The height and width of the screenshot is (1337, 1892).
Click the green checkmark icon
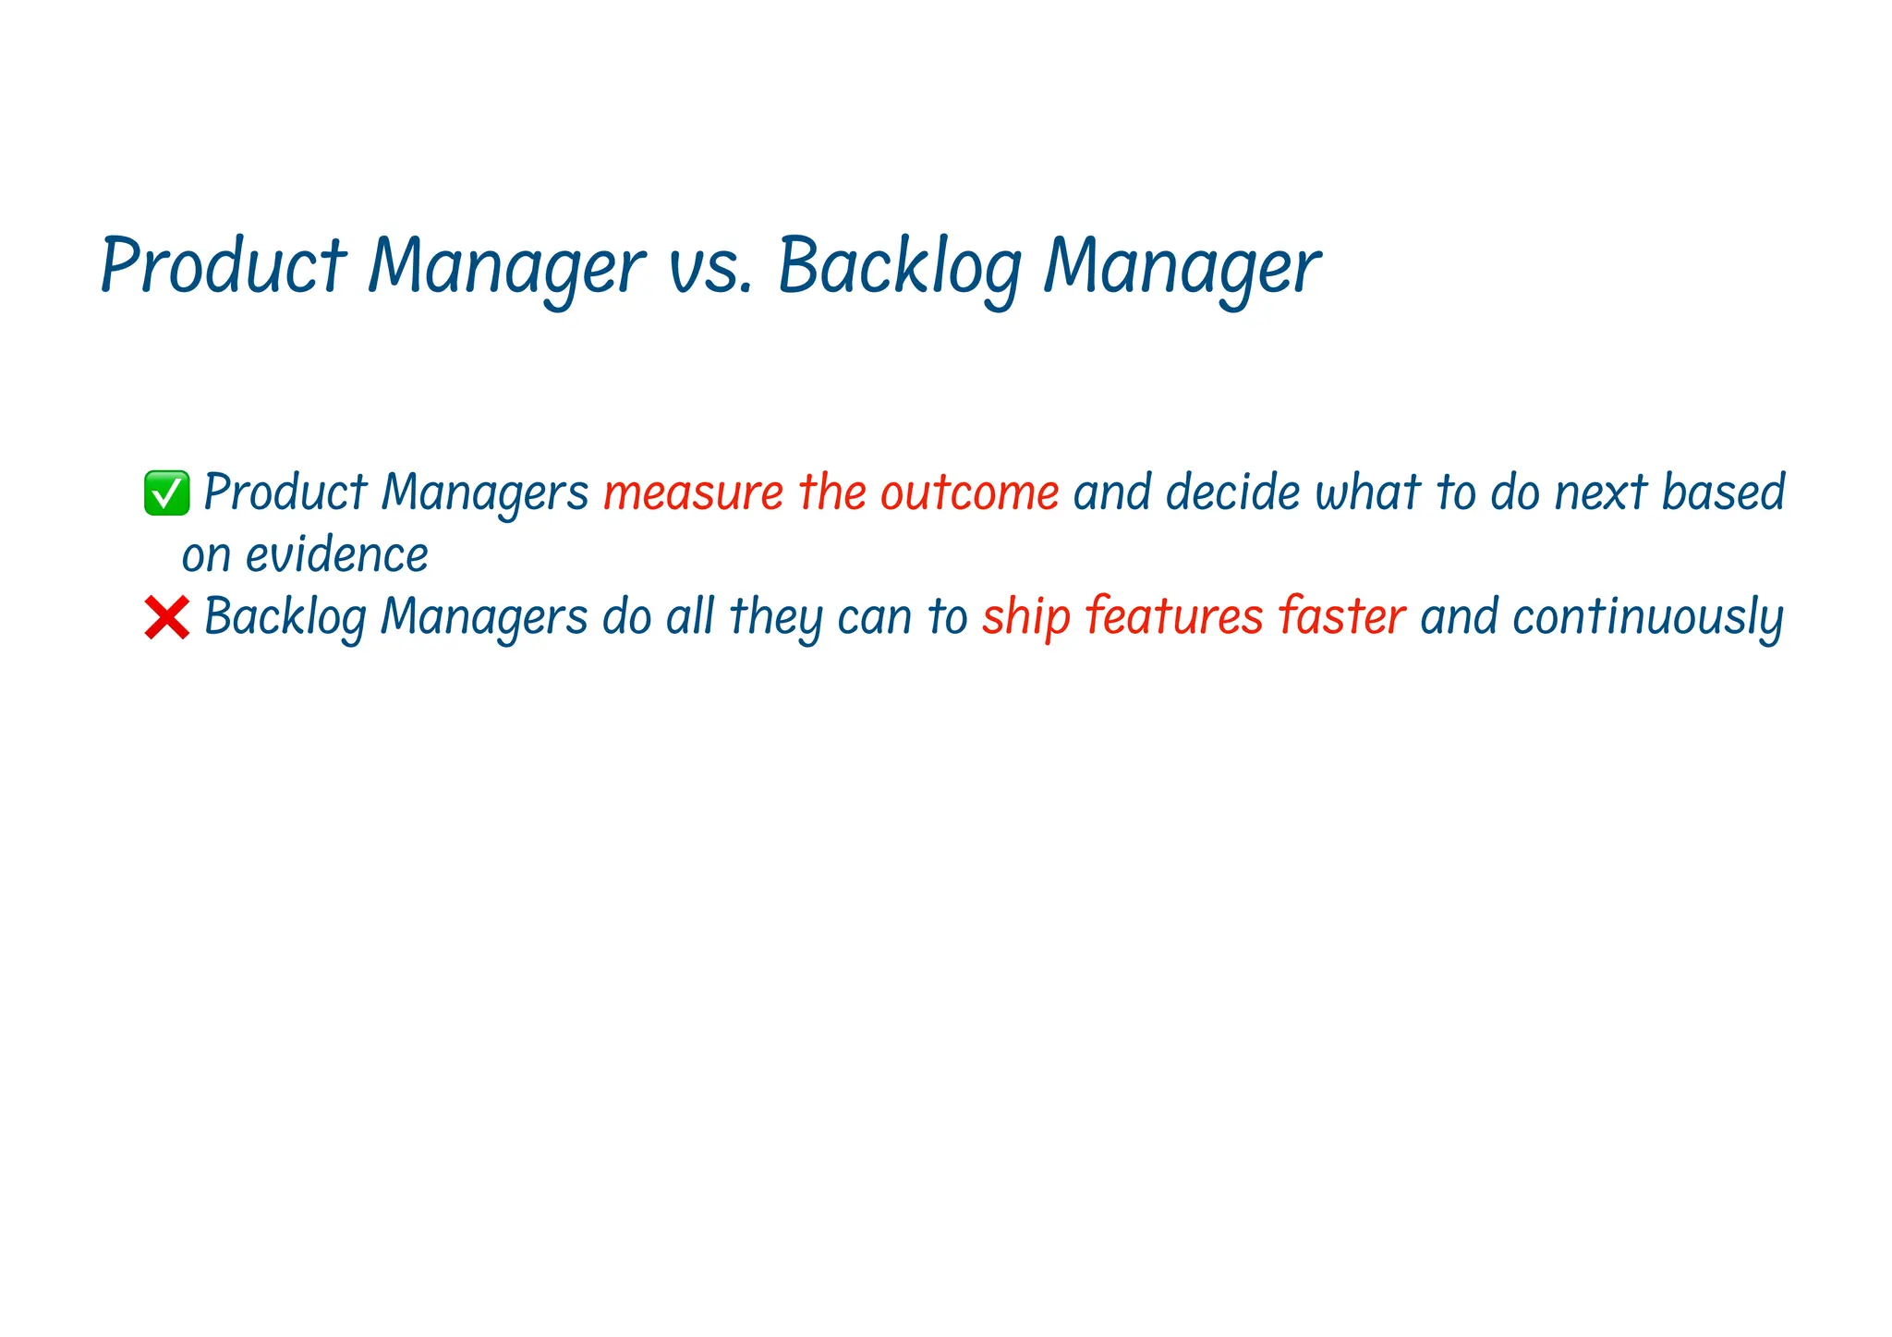pos(167,492)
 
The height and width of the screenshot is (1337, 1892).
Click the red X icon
pos(167,617)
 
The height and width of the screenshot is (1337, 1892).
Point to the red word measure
pos(693,492)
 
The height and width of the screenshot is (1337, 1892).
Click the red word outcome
pos(969,492)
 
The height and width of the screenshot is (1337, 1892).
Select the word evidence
pos(336,555)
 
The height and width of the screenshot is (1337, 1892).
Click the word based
pos(1723,492)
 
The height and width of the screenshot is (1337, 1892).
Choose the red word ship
pos(1025,617)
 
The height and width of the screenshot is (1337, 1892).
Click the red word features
pos(1173,617)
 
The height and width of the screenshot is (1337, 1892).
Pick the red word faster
pos(1341,617)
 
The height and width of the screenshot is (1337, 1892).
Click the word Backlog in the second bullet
pos(285,617)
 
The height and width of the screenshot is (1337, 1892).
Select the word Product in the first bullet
pos(285,492)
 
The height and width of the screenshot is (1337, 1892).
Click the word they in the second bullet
pos(775,617)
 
